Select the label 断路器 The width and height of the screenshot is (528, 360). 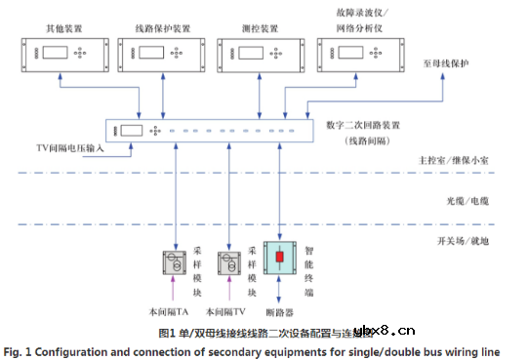tap(283, 313)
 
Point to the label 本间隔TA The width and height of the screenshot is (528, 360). tap(170, 312)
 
